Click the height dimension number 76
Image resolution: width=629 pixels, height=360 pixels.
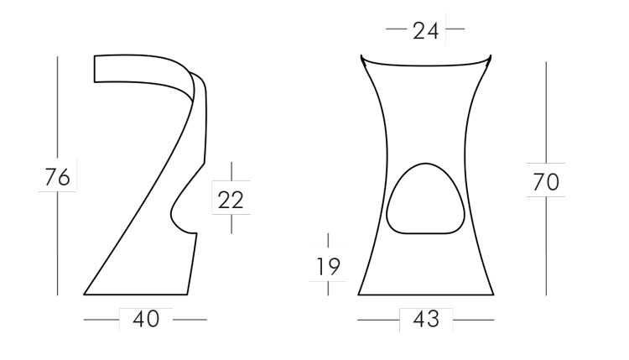[57, 178]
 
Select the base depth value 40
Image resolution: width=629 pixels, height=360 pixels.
[146, 320]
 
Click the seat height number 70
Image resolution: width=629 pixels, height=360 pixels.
[546, 180]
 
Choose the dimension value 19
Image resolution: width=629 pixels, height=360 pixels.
[329, 266]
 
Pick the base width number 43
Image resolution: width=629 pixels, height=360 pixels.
[426, 320]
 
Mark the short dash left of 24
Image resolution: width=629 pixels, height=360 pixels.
[396, 31]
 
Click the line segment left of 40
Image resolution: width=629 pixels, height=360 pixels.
[101, 320]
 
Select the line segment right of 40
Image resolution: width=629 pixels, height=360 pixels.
[190, 320]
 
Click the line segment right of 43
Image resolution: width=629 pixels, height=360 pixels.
[475, 320]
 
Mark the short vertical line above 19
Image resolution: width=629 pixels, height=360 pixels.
[329, 241]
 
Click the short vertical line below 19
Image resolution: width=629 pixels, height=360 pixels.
[329, 288]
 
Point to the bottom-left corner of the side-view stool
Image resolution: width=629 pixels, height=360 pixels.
[85, 295]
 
